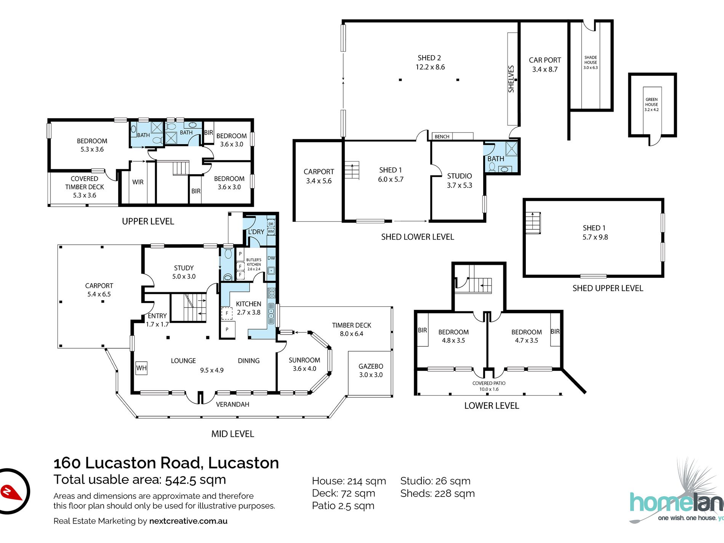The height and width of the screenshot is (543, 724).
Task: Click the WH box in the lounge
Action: click(x=141, y=368)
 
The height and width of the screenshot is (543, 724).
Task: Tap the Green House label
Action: click(x=652, y=104)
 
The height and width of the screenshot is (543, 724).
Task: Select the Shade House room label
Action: click(x=591, y=62)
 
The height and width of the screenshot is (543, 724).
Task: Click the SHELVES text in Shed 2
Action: click(x=511, y=79)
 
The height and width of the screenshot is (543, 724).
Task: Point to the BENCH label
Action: click(x=442, y=136)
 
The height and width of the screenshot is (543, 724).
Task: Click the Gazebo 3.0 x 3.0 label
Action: click(x=371, y=370)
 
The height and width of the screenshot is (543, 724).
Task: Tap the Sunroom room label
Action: click(x=304, y=364)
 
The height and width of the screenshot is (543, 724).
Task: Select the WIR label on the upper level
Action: click(x=138, y=182)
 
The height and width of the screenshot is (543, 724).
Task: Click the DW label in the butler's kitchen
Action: click(x=271, y=258)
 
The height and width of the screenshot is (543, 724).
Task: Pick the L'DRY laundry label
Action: click(x=256, y=232)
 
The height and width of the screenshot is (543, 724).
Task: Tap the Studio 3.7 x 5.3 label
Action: click(x=460, y=181)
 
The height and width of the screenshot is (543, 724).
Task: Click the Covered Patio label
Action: click(x=489, y=386)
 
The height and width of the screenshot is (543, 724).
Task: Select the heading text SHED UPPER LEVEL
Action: click(x=608, y=288)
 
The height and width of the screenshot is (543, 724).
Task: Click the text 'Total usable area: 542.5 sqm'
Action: click(x=140, y=479)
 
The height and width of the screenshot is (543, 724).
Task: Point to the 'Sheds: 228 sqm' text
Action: click(x=437, y=493)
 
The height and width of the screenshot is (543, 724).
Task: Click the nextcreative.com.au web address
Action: click(x=188, y=521)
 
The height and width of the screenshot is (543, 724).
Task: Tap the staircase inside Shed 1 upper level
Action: click(x=533, y=223)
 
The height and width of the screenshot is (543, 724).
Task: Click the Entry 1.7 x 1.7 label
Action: click(x=157, y=320)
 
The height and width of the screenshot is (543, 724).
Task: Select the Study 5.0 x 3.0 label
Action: click(x=184, y=272)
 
